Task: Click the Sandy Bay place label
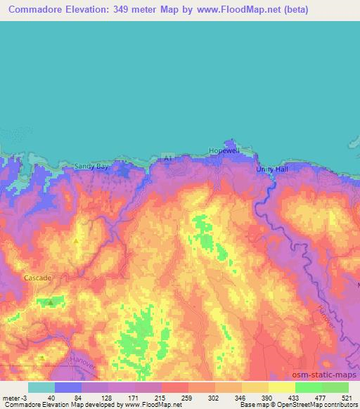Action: (91, 167)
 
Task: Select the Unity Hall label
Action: (274, 169)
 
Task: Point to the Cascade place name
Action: (37, 278)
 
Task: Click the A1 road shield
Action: (167, 155)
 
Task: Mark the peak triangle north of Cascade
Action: (76, 240)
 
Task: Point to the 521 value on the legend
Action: (348, 398)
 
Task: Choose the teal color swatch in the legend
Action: (41, 387)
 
